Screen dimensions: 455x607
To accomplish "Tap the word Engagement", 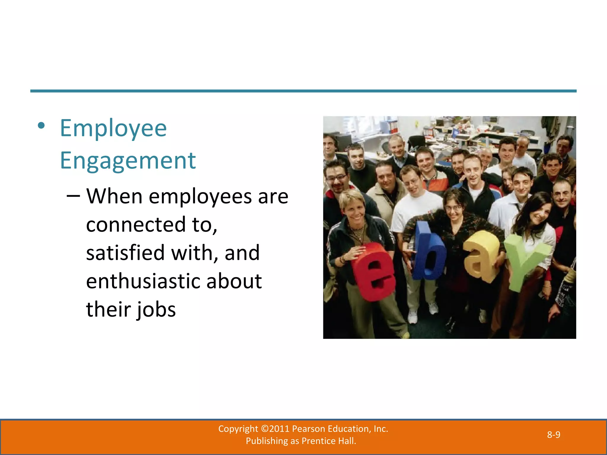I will pos(128,160).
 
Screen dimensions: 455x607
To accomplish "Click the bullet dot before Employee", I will pos(41,126).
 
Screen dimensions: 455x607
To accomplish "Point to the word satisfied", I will pos(125,253).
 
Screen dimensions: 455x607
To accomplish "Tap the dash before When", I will pos(73,196).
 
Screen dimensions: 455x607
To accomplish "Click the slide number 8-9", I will pos(553,435).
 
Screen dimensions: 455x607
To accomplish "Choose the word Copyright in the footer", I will pos(238,429).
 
